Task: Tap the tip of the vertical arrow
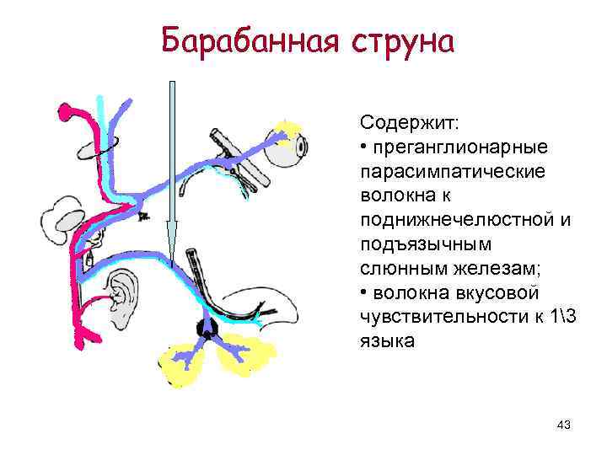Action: pos(171,257)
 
